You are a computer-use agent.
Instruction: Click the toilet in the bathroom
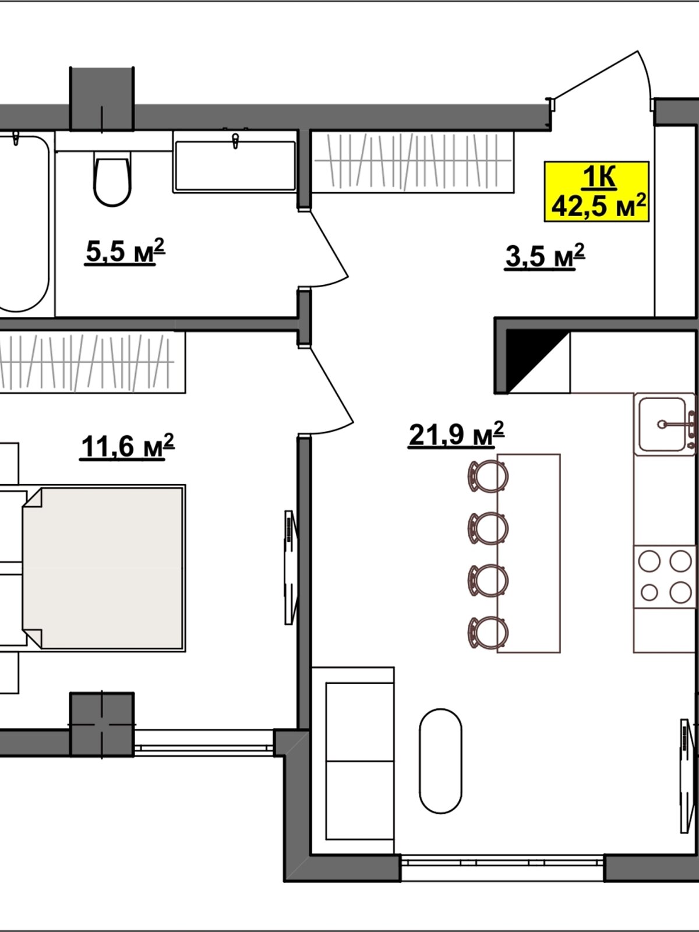point(112,178)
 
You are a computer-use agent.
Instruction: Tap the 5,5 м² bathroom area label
point(125,252)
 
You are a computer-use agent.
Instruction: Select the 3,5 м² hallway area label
point(545,256)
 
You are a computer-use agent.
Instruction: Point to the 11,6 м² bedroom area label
point(127,446)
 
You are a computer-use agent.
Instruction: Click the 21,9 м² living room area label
point(456,435)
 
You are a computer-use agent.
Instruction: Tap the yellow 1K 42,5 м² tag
point(596,192)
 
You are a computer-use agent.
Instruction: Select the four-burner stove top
point(665,577)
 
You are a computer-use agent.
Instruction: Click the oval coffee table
point(440,761)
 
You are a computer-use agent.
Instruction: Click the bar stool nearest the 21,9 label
point(488,476)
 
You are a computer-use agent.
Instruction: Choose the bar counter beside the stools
point(529,553)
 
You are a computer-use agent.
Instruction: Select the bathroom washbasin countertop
point(234,162)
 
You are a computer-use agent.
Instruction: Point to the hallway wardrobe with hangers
point(413,162)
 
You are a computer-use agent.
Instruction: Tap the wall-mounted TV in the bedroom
point(290,567)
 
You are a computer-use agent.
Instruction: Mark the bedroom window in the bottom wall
point(204,748)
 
